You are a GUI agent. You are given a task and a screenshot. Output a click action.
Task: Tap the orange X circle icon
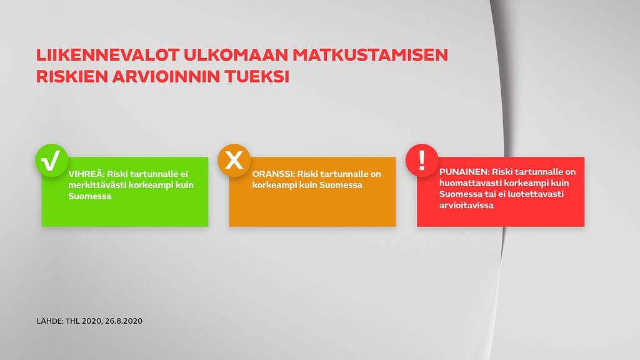234,161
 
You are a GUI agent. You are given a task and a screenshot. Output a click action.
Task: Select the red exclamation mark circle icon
422,161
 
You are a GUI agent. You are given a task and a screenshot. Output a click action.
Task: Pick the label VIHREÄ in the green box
87,174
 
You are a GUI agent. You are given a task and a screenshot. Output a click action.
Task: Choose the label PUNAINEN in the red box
464,171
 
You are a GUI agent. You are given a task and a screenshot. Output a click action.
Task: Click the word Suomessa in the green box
90,196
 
